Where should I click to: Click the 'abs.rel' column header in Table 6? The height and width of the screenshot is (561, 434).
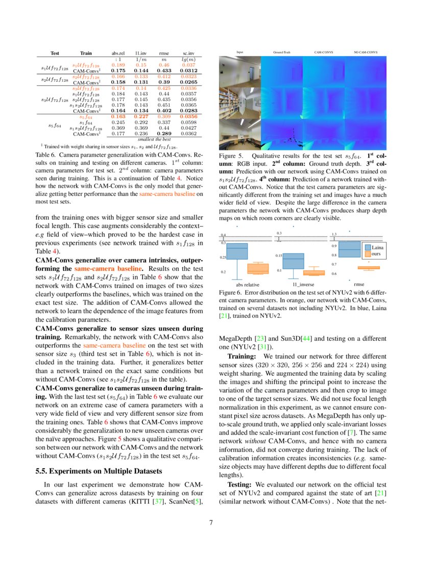tap(118, 53)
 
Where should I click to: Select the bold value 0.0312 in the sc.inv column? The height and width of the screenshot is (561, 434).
tap(188, 70)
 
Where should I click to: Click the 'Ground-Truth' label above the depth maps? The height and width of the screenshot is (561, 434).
tap(282, 52)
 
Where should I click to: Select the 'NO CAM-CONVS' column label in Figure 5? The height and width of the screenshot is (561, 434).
tap(366, 52)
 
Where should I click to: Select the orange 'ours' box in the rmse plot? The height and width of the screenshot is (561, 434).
tap(368, 268)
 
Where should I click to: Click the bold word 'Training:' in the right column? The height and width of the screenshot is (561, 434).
tap(242, 355)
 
